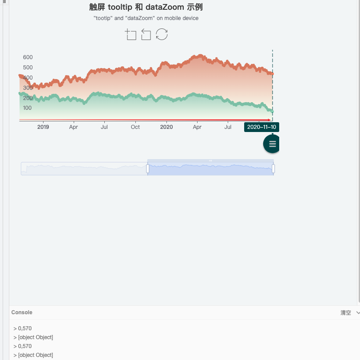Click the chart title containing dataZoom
(x=146, y=7)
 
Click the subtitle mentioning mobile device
(x=146, y=18)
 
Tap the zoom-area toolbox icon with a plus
(x=131, y=35)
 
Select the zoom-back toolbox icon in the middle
(x=146, y=35)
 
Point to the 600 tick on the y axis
(x=28, y=57)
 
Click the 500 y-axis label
(x=28, y=68)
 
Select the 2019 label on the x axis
(x=43, y=127)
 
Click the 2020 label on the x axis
(x=166, y=127)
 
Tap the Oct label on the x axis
(x=135, y=127)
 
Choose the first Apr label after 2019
(x=74, y=127)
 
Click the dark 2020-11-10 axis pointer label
(x=261, y=127)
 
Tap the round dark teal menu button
(x=272, y=144)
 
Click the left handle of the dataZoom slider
(x=147, y=168)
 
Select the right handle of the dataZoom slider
(x=273, y=168)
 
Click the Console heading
(x=22, y=312)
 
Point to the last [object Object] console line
(x=35, y=355)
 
